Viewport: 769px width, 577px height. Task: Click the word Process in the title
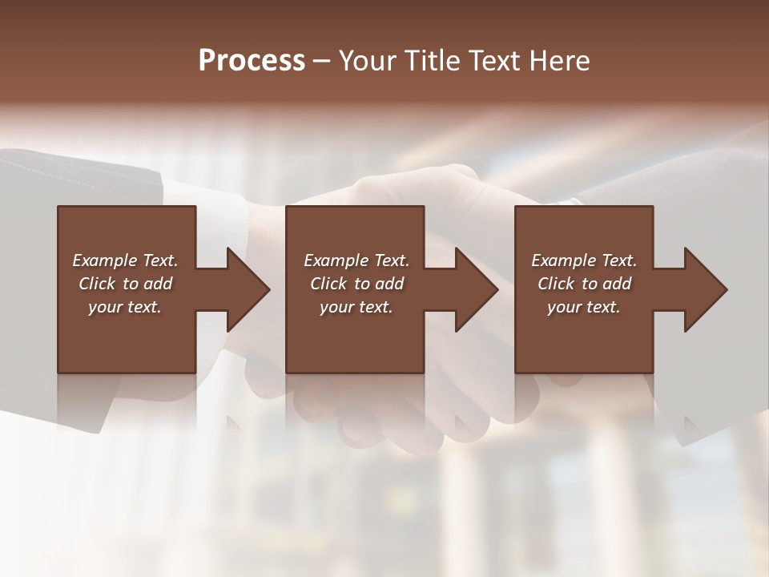pos(252,61)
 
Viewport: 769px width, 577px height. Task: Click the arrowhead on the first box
pos(244,289)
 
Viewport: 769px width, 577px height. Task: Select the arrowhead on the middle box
pos(473,289)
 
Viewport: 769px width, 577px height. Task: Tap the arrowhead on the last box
pos(702,289)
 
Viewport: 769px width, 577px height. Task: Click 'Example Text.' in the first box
pos(125,260)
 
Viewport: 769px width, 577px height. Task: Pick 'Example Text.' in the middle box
pos(356,260)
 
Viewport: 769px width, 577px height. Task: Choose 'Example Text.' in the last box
pos(584,260)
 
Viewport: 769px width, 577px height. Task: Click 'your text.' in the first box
pos(125,307)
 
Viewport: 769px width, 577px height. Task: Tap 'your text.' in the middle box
pos(356,307)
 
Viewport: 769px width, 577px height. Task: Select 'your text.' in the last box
pos(584,307)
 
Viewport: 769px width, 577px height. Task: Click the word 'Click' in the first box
pos(97,284)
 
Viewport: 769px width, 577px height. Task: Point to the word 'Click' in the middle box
pos(328,284)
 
